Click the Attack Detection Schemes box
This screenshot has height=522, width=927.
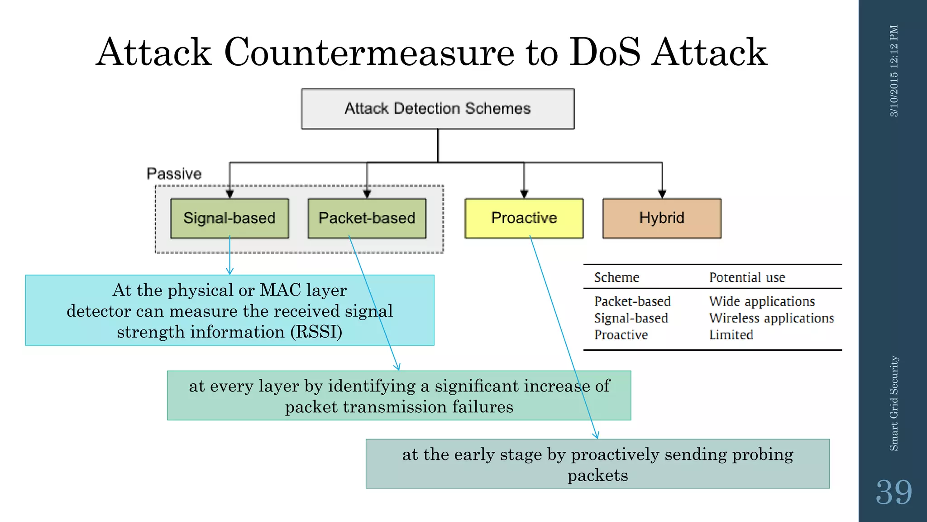click(438, 109)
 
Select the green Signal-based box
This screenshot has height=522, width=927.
click(229, 218)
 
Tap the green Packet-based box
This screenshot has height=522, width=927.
click(367, 218)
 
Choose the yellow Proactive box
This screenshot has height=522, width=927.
click(524, 218)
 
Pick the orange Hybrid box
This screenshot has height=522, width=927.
click(661, 218)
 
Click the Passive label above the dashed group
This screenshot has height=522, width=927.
click(174, 174)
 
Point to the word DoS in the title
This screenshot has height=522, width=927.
click(604, 53)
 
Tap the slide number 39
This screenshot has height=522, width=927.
click(894, 492)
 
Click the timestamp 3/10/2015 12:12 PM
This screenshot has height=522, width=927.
click(894, 71)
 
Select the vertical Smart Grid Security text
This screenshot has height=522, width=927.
click(894, 403)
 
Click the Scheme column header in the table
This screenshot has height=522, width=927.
click(616, 277)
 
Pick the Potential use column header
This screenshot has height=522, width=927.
click(747, 277)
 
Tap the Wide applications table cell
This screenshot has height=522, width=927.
click(762, 301)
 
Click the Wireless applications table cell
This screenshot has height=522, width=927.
click(771, 318)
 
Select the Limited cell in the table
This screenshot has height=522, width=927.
click(731, 335)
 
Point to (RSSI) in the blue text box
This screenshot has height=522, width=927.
click(316, 332)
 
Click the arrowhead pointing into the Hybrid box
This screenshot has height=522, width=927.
click(662, 194)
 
